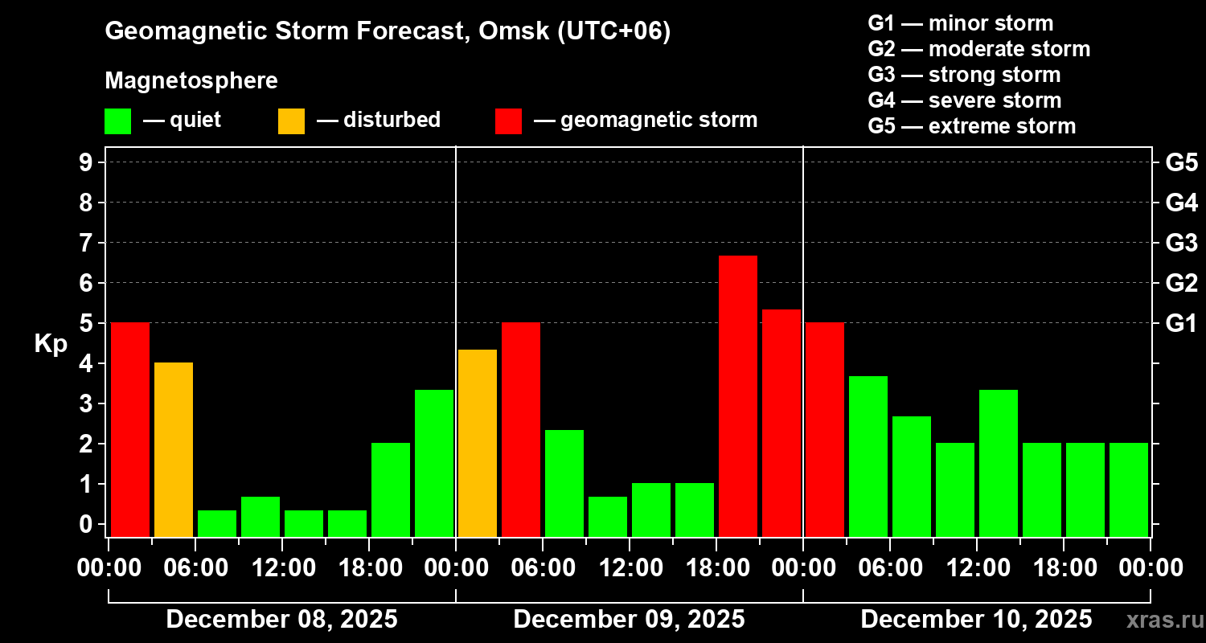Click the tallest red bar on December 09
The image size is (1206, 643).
point(738,395)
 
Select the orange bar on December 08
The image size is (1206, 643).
point(174,449)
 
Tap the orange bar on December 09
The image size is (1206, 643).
point(478,443)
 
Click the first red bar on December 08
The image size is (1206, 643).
point(130,429)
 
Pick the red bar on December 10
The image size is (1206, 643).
point(825,429)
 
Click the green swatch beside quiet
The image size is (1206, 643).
point(117,121)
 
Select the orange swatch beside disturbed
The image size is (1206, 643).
point(291,121)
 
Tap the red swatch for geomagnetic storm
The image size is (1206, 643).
point(508,121)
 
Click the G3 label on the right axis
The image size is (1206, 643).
point(1181,243)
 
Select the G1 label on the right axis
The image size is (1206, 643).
point(1181,323)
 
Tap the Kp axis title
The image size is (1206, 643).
point(51,344)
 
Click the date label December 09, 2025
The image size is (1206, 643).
point(629,620)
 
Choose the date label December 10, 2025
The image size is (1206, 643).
point(976,620)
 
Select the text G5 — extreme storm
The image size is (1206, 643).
point(971,126)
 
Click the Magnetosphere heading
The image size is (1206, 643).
point(191,81)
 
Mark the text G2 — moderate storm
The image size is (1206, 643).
point(978,49)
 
